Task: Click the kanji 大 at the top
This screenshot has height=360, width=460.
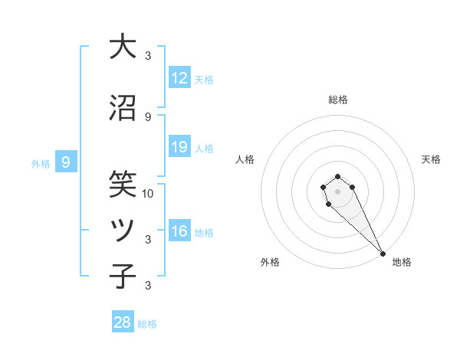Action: [x=122, y=47]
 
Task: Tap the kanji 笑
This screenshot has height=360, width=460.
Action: [x=122, y=184]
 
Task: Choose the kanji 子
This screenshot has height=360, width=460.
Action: [x=122, y=277]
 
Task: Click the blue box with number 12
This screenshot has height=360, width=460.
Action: [x=179, y=78]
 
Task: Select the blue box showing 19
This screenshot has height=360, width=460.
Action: [x=179, y=147]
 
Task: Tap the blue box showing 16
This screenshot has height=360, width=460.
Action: [x=179, y=231]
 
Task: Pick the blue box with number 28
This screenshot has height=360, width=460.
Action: [x=123, y=322]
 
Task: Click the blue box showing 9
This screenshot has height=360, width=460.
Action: [x=67, y=162]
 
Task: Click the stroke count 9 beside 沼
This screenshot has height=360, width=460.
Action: [x=148, y=116]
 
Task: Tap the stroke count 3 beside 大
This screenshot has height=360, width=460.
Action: [x=148, y=55]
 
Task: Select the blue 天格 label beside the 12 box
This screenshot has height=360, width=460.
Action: [x=204, y=79]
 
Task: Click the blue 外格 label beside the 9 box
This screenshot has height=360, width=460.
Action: [x=41, y=163]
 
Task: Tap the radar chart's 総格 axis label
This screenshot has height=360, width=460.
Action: [x=338, y=100]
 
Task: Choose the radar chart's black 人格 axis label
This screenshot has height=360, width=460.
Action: [x=245, y=159]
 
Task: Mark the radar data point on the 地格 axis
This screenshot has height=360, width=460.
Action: [x=383, y=254]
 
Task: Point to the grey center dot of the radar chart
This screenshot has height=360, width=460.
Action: [x=338, y=191]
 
